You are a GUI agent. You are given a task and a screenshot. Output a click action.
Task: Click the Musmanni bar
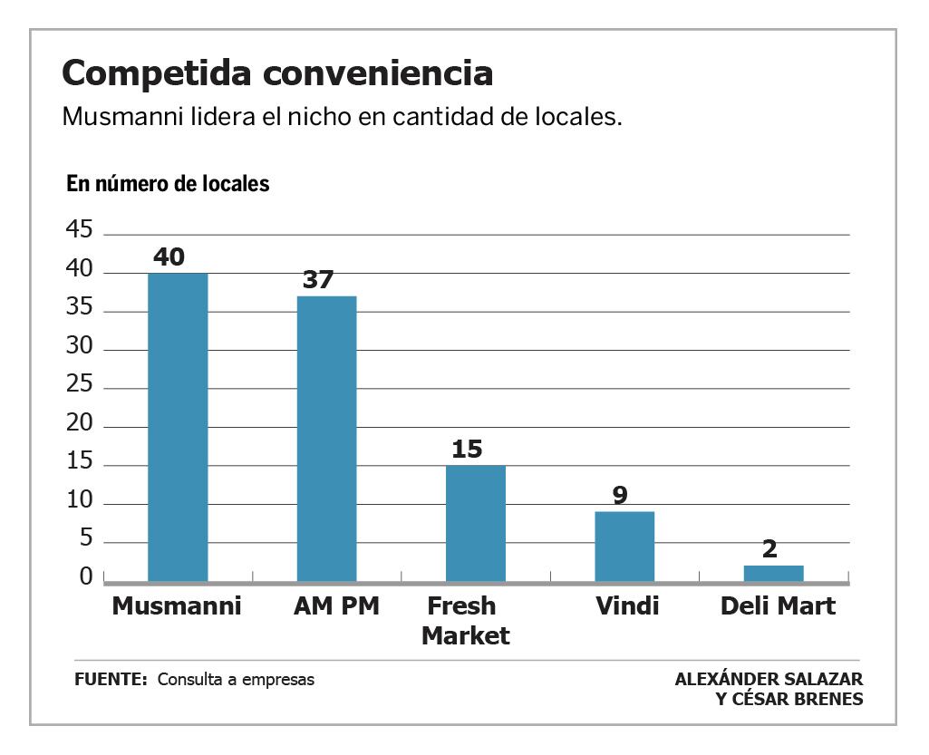click(178, 426)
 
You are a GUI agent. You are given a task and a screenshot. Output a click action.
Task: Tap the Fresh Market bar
click(475, 523)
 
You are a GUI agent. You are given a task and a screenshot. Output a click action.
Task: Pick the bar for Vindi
click(624, 546)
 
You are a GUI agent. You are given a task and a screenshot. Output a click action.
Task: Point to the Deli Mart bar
click(773, 573)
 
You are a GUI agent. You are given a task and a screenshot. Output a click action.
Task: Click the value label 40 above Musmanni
click(169, 257)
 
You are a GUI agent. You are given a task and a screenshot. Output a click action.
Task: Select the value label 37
click(318, 280)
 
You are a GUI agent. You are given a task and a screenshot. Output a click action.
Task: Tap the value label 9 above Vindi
click(620, 496)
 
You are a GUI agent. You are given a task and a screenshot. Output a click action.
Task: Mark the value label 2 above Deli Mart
click(769, 549)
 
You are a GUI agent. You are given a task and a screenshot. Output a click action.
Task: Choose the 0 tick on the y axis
click(86, 577)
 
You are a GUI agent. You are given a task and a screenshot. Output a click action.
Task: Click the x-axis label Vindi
click(627, 606)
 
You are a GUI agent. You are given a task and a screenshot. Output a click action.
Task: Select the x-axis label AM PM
click(336, 606)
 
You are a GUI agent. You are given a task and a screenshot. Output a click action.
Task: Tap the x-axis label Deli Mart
click(778, 606)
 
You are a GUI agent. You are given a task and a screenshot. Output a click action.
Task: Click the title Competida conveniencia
click(277, 73)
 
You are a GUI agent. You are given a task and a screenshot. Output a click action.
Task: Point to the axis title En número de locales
click(168, 184)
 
